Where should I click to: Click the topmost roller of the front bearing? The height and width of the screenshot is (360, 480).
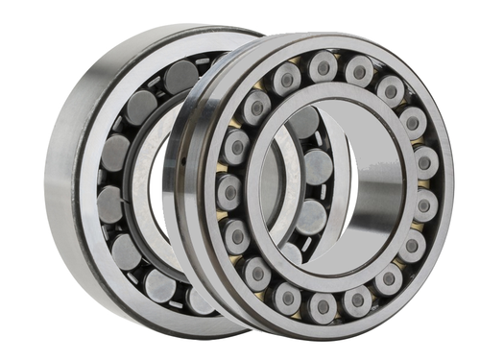coord(322,65)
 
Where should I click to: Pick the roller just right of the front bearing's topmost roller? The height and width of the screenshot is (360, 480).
coord(359,71)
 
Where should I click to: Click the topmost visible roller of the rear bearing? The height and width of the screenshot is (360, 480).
coord(180,75)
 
